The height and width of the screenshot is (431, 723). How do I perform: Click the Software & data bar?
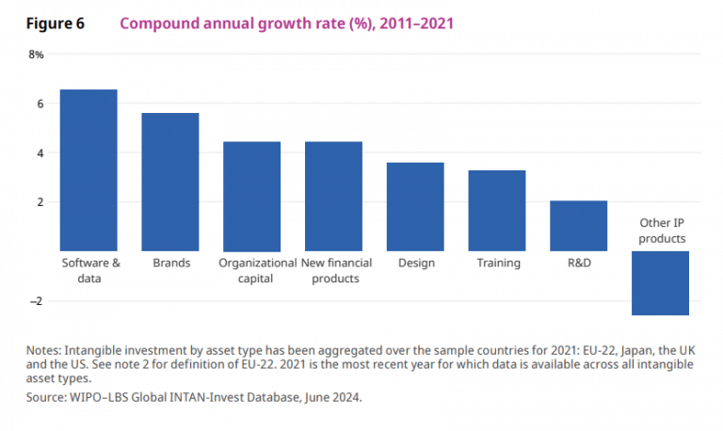click(88, 170)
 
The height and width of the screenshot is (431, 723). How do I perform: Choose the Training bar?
click(496, 211)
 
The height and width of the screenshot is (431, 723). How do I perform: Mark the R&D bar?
click(578, 226)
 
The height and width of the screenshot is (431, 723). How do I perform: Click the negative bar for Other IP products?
click(660, 283)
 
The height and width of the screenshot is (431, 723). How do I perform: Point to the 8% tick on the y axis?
click(36, 55)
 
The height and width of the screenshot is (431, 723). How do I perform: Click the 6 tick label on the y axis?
click(40, 104)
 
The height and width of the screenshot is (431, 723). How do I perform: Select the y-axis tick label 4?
click(40, 153)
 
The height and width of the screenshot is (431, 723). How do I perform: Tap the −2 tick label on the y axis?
click(37, 301)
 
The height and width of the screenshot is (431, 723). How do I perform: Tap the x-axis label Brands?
click(170, 263)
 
